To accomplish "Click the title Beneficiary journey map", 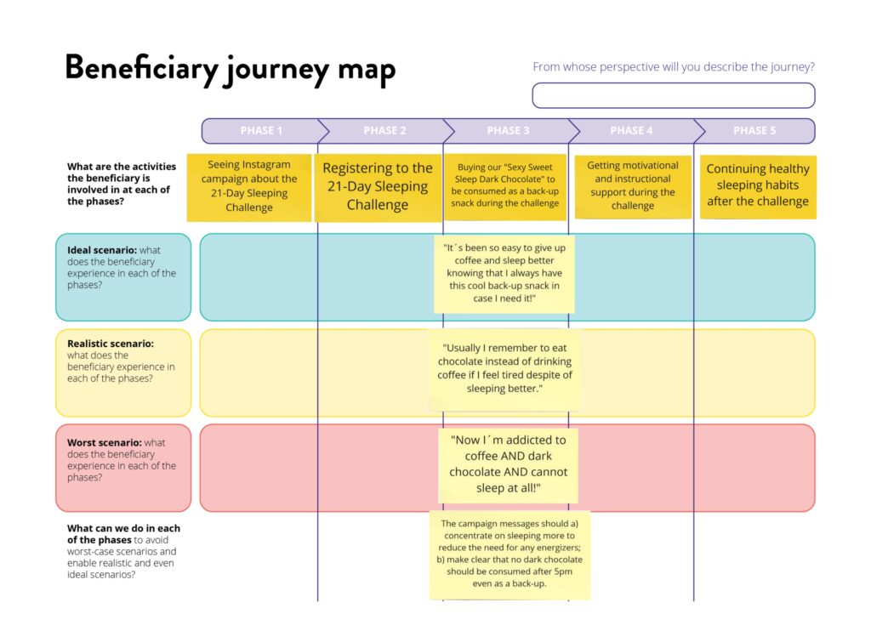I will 230,68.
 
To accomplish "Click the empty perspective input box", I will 673,95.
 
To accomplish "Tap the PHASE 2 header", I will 384,131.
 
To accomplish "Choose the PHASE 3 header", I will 508,131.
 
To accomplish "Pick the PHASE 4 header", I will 631,131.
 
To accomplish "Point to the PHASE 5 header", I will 754,131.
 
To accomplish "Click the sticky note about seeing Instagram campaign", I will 249,186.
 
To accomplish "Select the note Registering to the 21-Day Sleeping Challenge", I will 378,187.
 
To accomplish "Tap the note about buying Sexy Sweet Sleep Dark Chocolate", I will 508,185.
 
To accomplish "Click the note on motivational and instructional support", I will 632,185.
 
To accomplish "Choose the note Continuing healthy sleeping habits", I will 757,185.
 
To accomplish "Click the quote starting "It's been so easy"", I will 505,274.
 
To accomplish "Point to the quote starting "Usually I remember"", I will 505,368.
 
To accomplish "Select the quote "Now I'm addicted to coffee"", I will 508,464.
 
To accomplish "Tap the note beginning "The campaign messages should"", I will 510,554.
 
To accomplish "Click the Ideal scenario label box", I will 123,276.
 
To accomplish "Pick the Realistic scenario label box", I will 123,372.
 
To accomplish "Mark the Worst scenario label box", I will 123,467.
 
